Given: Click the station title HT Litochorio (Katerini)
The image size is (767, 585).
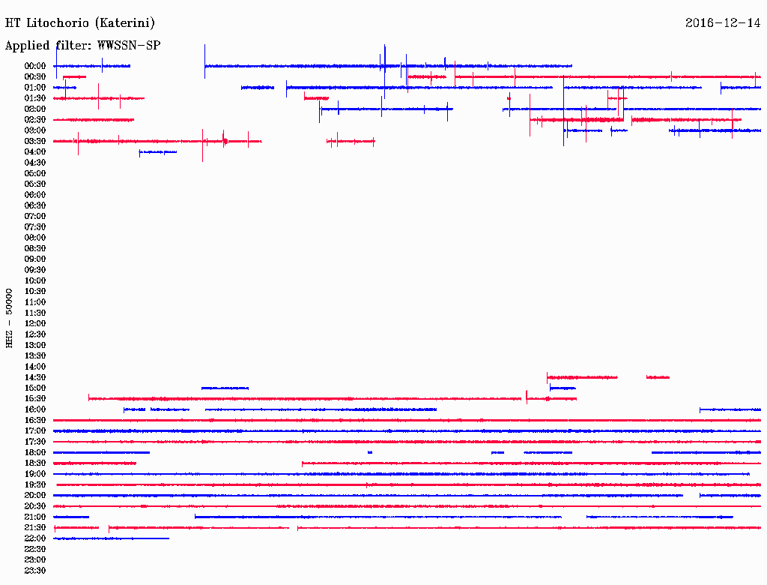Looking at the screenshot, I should (x=80, y=23).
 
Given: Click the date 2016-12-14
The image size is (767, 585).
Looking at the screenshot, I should (x=723, y=23).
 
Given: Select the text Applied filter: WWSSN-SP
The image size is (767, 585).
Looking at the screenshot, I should (x=82, y=46).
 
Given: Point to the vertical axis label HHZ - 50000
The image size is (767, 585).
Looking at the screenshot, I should (x=10, y=318).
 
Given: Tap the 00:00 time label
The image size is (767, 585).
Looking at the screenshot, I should (x=35, y=66).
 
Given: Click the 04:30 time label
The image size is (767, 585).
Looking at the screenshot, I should (x=35, y=163).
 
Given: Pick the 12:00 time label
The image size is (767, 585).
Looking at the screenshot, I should (x=35, y=324).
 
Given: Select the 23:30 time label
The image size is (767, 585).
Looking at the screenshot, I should (x=35, y=571).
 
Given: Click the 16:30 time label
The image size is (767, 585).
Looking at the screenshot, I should (x=35, y=421).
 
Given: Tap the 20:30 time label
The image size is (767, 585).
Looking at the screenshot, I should (x=35, y=506).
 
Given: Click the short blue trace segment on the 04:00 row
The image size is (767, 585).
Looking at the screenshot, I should (x=157, y=152).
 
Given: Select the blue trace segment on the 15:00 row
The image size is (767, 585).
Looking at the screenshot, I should (x=225, y=388).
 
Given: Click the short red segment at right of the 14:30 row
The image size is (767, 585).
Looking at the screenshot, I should (x=658, y=377).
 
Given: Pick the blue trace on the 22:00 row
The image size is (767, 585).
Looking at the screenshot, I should (x=111, y=538).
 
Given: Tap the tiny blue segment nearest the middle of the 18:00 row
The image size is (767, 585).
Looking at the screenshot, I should (x=370, y=453).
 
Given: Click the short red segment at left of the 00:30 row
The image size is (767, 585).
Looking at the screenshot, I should (x=74, y=76).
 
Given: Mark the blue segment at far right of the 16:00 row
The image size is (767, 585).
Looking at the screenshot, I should (x=730, y=409).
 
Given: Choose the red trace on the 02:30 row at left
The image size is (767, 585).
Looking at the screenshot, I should (x=94, y=120).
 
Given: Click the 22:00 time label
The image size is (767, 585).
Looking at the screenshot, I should (x=35, y=538).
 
